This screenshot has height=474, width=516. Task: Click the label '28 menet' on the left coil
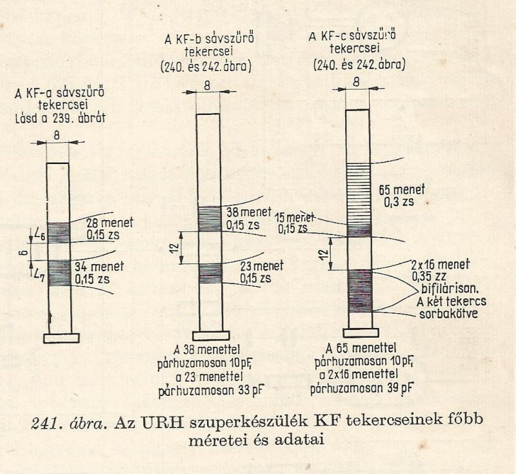pyautogui.click(x=110, y=223)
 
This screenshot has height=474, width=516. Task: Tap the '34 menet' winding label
pyautogui.click(x=99, y=267)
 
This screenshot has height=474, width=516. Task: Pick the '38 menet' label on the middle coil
pyautogui.click(x=249, y=212)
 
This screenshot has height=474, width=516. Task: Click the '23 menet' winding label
pyautogui.click(x=262, y=266)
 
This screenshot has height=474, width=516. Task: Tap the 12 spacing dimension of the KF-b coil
pyautogui.click(x=175, y=247)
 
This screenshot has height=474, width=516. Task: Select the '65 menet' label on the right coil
pyautogui.click(x=401, y=190)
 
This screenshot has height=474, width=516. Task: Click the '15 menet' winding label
pyautogui.click(x=295, y=218)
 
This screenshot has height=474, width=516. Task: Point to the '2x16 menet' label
pyautogui.click(x=441, y=265)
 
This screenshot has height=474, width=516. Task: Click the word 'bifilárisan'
pyautogui.click(x=450, y=289)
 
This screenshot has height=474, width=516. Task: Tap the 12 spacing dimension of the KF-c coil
pyautogui.click(x=324, y=254)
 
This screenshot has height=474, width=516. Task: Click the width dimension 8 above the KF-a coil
pyautogui.click(x=57, y=135)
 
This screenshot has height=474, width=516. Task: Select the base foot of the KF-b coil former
pyautogui.click(x=211, y=336)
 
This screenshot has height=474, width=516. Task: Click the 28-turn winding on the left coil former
pyautogui.click(x=59, y=233)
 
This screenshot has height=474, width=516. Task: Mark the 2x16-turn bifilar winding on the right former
pyautogui.click(x=360, y=291)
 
